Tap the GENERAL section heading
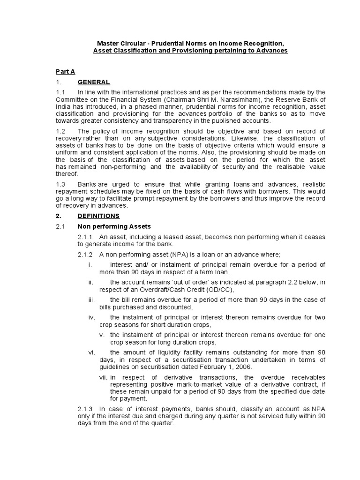click(94, 82)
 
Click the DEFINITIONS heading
click(98, 216)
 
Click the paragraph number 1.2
click(60, 131)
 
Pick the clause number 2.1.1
click(86, 237)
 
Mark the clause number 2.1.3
click(86, 408)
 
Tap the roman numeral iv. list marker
click(91, 317)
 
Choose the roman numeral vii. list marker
click(104, 377)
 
